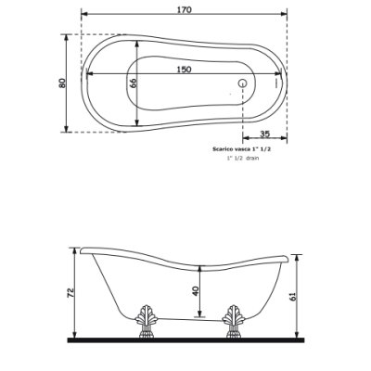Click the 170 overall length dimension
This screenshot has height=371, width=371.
[185, 9]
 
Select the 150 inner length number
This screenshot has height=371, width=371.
[184, 70]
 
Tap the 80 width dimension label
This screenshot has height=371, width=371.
[62, 83]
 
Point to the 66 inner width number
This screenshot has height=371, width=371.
[133, 83]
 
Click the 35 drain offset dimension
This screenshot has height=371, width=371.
[265, 134]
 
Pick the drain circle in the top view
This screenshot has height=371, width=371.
[243, 83]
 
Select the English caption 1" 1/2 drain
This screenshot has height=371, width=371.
[243, 158]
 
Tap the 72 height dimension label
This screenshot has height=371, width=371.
[70, 292]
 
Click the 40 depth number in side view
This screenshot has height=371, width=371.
[196, 290]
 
